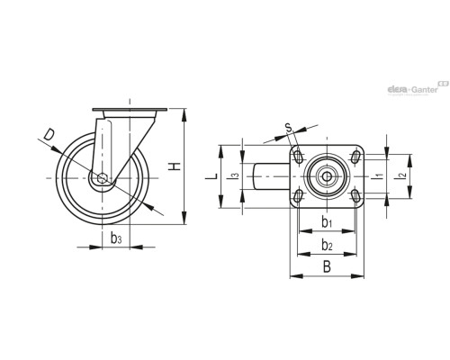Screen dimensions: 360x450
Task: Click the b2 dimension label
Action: [327, 244]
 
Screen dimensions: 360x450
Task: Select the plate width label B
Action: [327, 266]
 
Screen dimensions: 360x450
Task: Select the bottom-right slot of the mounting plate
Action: [355, 195]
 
